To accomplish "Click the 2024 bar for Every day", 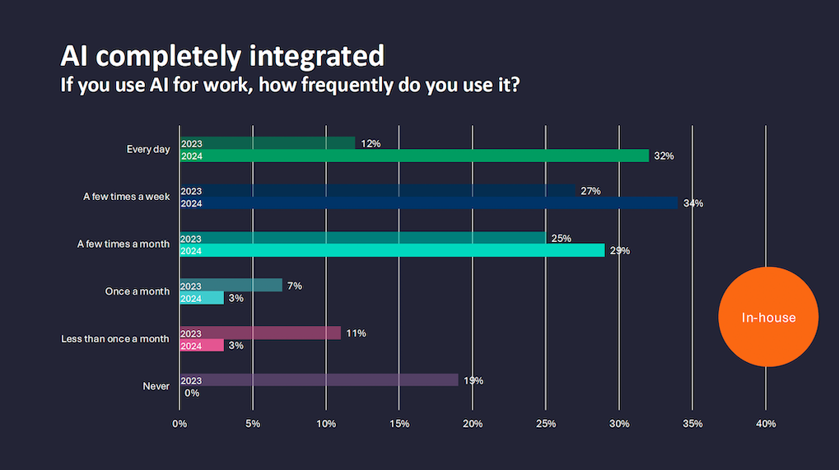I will coord(414,156).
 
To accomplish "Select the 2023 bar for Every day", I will coord(268,143).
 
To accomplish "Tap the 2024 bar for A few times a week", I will coord(428,203).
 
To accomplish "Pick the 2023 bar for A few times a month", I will coord(362,239).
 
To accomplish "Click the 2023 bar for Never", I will coord(319,380).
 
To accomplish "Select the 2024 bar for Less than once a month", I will coord(202,346).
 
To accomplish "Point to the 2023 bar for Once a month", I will coord(231,286).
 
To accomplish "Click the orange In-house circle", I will coord(768,317).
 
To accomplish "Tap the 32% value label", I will coord(664,156).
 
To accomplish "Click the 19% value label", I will coord(473,380).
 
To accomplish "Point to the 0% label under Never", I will coord(192,393).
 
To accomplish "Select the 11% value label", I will coord(356,333).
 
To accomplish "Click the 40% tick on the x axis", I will coord(766,423).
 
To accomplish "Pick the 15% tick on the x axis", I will coord(399,423).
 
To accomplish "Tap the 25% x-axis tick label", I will coord(546,423).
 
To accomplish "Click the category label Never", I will coord(156,385).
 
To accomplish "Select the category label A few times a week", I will coord(126,197).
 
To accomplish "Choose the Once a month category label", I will coord(138,291).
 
